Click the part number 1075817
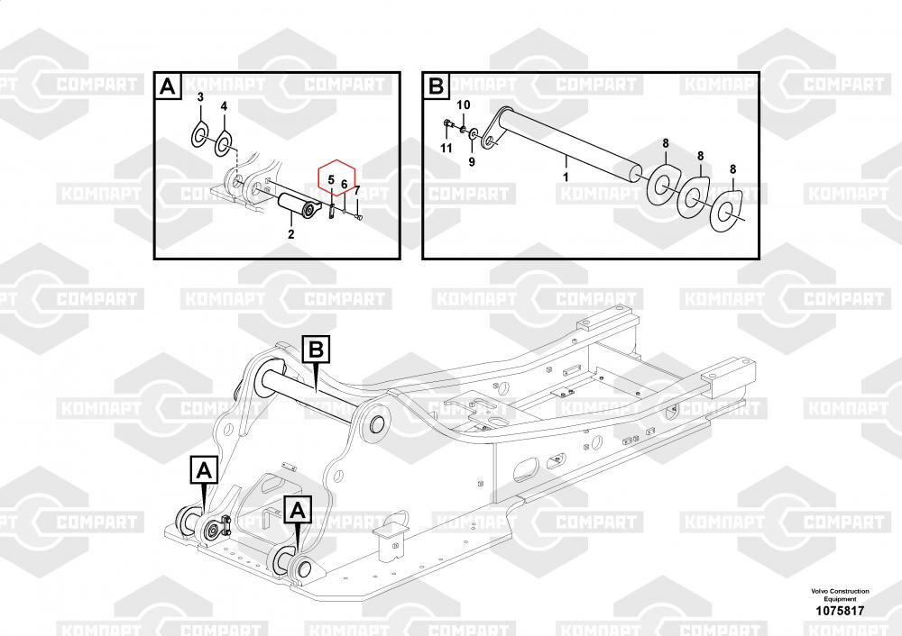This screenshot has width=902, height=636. (840, 611)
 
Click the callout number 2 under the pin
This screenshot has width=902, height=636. (291, 234)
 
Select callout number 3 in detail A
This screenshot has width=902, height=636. (200, 97)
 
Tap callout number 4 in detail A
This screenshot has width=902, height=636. (224, 106)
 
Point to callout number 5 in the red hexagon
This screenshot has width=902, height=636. (331, 180)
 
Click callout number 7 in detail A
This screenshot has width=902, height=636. (357, 190)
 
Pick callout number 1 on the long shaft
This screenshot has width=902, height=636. (566, 177)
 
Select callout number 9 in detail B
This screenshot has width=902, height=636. (472, 162)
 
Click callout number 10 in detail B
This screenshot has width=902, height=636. (463, 105)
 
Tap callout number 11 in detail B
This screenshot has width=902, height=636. (446, 149)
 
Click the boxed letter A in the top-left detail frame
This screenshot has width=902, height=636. (168, 86)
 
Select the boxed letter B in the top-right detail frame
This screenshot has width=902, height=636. (437, 86)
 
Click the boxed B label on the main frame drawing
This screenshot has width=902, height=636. (317, 350)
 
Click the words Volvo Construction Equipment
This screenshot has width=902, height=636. (840, 595)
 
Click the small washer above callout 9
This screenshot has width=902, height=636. (473, 134)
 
